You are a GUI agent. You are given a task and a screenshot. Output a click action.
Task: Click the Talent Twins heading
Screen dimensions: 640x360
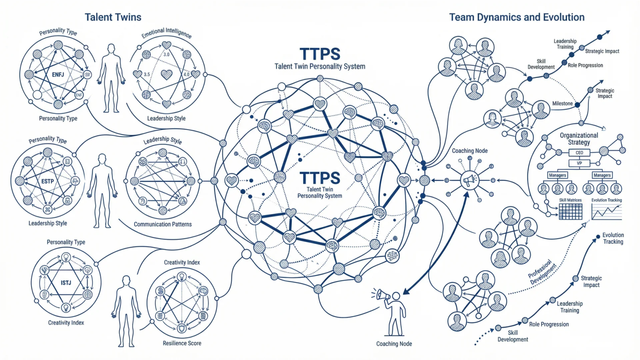click(113, 17)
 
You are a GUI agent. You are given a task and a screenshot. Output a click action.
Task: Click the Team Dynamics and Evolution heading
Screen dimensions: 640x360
click(517, 17)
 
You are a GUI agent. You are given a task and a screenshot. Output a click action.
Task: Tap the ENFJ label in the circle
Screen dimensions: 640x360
click(58, 75)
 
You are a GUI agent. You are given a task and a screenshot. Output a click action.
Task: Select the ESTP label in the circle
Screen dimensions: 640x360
click(47, 181)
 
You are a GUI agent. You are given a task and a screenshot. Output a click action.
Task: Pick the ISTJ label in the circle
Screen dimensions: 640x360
click(66, 283)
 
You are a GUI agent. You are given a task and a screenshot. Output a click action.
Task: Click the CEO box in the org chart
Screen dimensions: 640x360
click(579, 152)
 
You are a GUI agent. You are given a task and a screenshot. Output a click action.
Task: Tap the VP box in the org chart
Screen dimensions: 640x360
click(579, 163)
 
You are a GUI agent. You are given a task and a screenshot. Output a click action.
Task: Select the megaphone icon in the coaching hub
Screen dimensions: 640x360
click(470, 180)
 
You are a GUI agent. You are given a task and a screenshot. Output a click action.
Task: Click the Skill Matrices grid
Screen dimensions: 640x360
click(570, 212)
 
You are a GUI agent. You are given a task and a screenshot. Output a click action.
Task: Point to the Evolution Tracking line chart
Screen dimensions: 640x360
click(607, 212)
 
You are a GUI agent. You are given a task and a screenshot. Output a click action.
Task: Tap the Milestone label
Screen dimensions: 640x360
click(562, 103)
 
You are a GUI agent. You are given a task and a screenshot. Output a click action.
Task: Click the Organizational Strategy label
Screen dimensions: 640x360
click(579, 139)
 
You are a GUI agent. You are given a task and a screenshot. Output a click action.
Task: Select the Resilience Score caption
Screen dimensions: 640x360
click(182, 343)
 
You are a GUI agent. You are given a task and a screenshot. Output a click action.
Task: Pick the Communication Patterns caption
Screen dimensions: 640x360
click(163, 224)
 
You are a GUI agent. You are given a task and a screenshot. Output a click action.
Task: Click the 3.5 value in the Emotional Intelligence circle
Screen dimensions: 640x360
click(147, 74)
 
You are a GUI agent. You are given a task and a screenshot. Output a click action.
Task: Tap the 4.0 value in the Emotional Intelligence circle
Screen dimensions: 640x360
click(186, 74)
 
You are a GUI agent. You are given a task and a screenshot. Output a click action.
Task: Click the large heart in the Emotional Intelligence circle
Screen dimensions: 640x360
click(167, 75)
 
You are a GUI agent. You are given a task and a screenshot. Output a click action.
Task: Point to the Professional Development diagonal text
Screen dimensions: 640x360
click(542, 272)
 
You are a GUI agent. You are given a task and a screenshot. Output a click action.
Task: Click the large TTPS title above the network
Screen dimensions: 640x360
click(320, 54)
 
